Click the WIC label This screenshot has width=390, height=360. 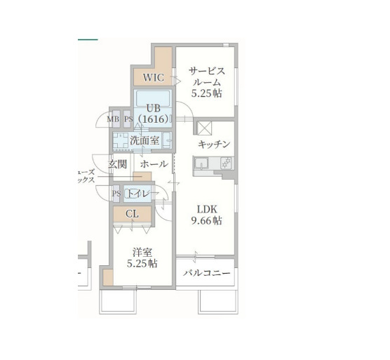tap(153, 76)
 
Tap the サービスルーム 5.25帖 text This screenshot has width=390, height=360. tap(206, 81)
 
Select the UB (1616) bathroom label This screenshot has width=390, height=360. tap(152, 114)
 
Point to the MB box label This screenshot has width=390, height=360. tap(114, 119)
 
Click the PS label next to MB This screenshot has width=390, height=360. tap(128, 119)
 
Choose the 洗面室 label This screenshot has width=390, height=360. tap(144, 140)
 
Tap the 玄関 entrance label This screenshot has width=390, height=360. tap(117, 164)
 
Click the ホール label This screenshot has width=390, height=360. tap(154, 164)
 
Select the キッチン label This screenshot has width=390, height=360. tap(214, 144)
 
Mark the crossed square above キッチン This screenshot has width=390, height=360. tap(204, 128)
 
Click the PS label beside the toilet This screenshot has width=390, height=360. tap(116, 193)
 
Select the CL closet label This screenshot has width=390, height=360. tap(132, 214)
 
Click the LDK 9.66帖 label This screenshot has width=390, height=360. tap(208, 214)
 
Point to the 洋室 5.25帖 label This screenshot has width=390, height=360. tap(142, 258)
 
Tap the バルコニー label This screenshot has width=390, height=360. tap(207, 273)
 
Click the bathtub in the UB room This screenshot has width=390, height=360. tap(152, 98)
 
